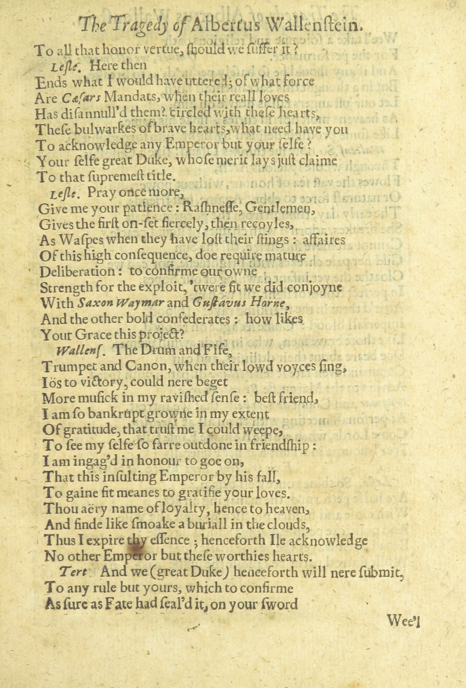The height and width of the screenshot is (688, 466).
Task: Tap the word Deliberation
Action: tap(77, 271)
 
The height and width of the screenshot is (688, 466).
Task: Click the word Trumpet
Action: tap(68, 367)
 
